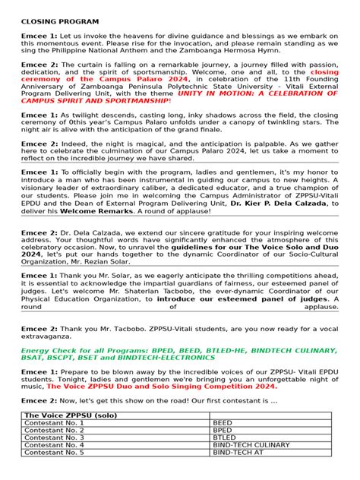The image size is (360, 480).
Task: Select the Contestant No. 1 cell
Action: point(55,423)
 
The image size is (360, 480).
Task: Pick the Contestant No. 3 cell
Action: point(55,437)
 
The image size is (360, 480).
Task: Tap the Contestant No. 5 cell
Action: point(55,452)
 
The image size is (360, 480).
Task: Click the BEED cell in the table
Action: point(223,423)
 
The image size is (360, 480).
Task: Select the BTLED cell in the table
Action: point(225,437)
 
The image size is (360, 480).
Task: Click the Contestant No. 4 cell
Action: point(55,445)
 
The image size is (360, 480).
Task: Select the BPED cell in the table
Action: point(223,430)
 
